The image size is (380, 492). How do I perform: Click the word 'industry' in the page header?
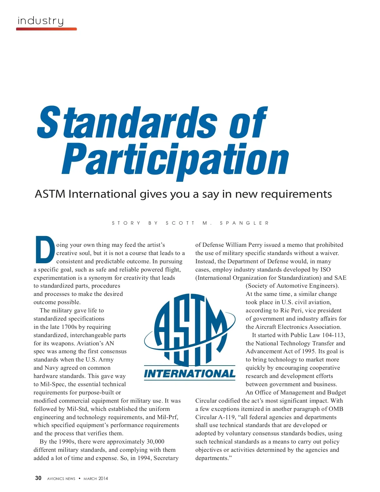(41, 21)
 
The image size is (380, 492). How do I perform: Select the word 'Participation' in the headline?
(175, 160)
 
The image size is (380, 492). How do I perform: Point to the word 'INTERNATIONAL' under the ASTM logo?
(190, 374)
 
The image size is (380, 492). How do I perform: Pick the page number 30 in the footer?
(38, 478)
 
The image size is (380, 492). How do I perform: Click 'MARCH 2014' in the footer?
(96, 478)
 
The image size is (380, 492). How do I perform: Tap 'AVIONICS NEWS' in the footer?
(61, 478)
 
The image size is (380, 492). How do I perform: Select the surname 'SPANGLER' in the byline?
(244, 223)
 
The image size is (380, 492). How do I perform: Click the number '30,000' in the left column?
(155, 442)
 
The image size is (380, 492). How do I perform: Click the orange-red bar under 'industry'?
(47, 29)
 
